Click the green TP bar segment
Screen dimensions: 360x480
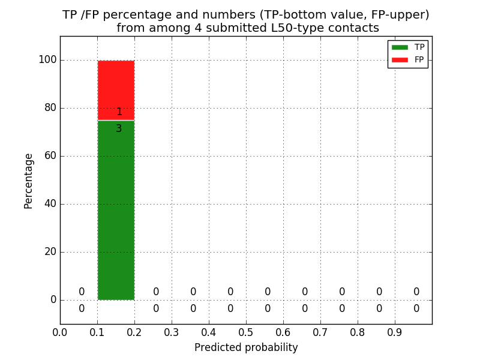coord(116,210)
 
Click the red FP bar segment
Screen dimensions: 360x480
coord(116,84)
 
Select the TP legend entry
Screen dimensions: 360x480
coord(408,47)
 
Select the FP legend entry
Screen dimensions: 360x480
coord(408,59)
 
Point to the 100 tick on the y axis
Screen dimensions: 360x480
coord(47,60)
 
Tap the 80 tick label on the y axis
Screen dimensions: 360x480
coord(50,108)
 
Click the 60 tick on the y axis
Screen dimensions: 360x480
coord(50,156)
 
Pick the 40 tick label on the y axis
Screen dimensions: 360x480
coord(50,204)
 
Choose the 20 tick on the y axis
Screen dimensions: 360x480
coord(50,252)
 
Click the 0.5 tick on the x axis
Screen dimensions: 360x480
coord(246,332)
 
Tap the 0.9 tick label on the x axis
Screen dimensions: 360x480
coord(395,332)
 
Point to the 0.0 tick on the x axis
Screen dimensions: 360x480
coord(60,332)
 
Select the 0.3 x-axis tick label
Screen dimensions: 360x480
coord(172,332)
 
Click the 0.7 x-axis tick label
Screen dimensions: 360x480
coord(320,332)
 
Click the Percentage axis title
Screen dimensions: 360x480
coord(29,181)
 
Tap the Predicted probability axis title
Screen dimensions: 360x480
coord(246,347)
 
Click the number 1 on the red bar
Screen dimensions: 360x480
coord(119,112)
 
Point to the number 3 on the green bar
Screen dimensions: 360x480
coord(119,128)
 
